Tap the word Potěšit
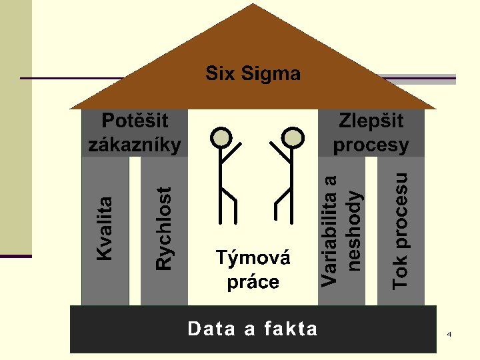point(135,121)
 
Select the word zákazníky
point(135,144)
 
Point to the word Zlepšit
point(371,121)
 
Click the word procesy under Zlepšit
point(371,144)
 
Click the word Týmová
point(253,258)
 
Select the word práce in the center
point(253,281)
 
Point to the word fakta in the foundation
point(291,329)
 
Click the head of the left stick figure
point(221,137)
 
